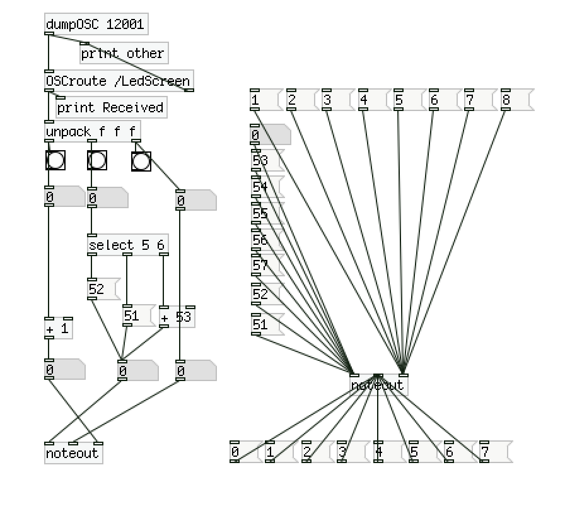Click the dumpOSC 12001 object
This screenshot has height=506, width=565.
tap(96, 25)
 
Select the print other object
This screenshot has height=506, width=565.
tap(123, 54)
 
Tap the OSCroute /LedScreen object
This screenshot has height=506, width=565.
tap(118, 81)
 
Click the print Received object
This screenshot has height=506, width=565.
tap(110, 108)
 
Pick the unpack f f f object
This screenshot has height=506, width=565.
tap(92, 132)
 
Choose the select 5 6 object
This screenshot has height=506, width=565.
tap(128, 245)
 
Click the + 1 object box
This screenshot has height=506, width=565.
tap(59, 329)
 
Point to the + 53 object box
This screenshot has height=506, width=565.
tap(177, 317)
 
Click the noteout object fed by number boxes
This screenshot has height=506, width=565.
tap(73, 454)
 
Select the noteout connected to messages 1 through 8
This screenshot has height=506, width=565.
tap(378, 385)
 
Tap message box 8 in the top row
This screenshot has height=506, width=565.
tap(516, 100)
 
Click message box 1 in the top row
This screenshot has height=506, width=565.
tap(264, 100)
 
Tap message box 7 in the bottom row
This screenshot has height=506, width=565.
tap(494, 452)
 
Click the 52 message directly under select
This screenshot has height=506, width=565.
tap(102, 289)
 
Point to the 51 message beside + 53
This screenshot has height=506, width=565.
tap(137, 315)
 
